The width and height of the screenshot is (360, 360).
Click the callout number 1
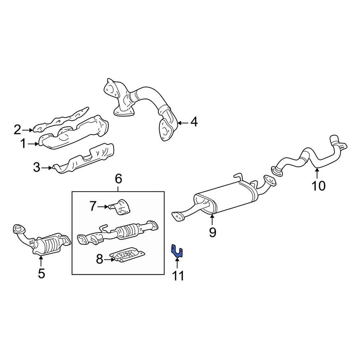23,143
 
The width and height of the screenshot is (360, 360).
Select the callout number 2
18,130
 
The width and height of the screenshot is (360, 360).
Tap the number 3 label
36,167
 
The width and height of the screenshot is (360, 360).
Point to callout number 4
193,122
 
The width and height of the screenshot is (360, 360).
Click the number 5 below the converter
41,274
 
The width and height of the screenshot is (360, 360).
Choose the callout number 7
93,206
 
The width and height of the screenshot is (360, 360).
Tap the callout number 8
99,259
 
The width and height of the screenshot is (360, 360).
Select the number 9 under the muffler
213,233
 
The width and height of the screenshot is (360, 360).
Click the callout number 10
319,186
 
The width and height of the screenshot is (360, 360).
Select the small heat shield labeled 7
121,207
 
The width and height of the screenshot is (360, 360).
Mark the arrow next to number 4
183,122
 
